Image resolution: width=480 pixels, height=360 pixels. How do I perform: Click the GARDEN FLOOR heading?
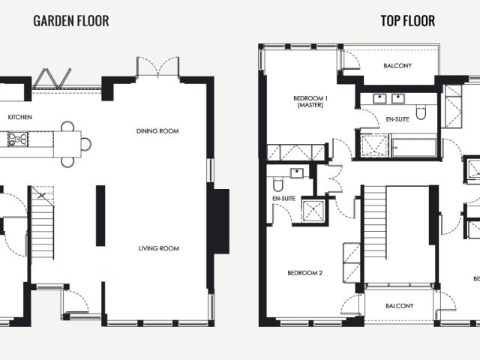click(x=71, y=21)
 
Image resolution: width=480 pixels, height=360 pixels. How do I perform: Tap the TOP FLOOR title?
click(x=408, y=21)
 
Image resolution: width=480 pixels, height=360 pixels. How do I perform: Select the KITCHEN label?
click(x=20, y=117)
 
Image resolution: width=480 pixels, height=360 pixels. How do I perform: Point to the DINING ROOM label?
click(x=157, y=131)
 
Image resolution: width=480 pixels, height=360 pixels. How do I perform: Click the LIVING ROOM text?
click(x=159, y=248)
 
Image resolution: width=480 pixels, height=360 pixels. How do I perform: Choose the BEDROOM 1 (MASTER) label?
click(x=310, y=102)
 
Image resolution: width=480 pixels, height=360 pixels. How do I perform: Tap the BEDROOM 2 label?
click(x=305, y=273)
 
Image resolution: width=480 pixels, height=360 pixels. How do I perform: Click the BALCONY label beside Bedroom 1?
click(x=397, y=65)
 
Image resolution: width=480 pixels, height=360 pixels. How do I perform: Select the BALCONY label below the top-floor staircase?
click(x=400, y=306)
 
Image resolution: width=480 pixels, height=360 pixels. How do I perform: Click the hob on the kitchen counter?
click(x=18, y=139)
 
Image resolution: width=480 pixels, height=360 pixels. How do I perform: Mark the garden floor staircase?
click(x=43, y=223)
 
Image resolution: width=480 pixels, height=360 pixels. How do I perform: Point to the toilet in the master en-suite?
click(x=421, y=112)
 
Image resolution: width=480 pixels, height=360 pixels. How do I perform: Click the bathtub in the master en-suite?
click(x=414, y=147)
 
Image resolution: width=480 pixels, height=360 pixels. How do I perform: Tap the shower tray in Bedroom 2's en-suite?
click(x=313, y=210)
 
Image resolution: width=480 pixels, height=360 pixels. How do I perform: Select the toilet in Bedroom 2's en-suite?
click(x=278, y=184)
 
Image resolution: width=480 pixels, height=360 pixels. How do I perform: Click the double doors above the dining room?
click(x=157, y=67)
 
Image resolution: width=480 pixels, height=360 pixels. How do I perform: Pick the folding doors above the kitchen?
click(x=52, y=78)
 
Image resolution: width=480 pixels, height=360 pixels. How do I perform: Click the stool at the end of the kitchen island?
click(x=86, y=144)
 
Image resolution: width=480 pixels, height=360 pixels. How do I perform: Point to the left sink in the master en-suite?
click(x=379, y=98)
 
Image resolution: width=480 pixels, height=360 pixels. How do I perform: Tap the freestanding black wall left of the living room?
click(x=100, y=215)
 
